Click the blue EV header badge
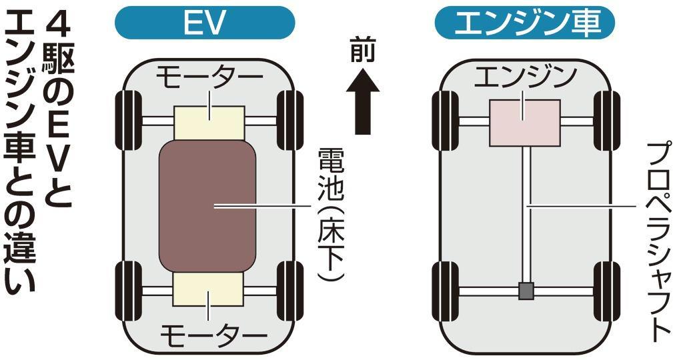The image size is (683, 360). point(205,24)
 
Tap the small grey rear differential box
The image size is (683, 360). point(526,291)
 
